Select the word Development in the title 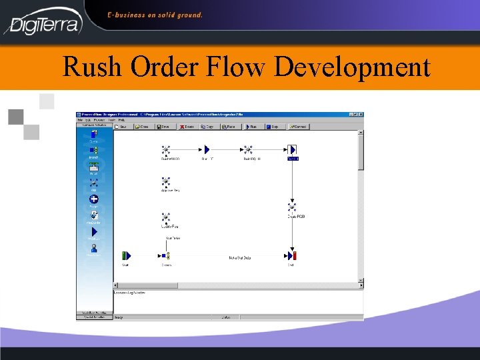pyautogui.click(x=351, y=68)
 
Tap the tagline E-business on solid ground pyautogui.click(x=155, y=15)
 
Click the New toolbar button pyautogui.click(x=122, y=125)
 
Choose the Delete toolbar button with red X pyautogui.click(x=187, y=125)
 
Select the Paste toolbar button pyautogui.click(x=230, y=125)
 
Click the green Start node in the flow pyautogui.click(x=126, y=255)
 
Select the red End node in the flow pyautogui.click(x=291, y=255)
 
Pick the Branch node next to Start pyautogui.click(x=165, y=255)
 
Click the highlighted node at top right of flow pyautogui.click(x=291, y=150)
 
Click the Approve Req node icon pyautogui.click(x=166, y=181)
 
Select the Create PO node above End pyautogui.click(x=292, y=208)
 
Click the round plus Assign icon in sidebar pyautogui.click(x=94, y=199)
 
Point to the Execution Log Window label pyautogui.click(x=129, y=293)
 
